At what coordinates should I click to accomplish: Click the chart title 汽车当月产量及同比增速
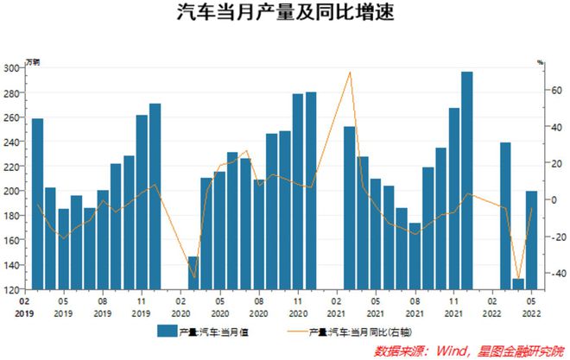284,15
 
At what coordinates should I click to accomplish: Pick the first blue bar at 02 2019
37,204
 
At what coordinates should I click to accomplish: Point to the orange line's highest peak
350,73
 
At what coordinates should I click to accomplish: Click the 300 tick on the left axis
12,68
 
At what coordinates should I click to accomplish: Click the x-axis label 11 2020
298,308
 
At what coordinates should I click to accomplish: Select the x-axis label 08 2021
415,308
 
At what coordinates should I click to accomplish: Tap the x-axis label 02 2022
493,308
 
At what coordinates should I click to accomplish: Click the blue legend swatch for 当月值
166,331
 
